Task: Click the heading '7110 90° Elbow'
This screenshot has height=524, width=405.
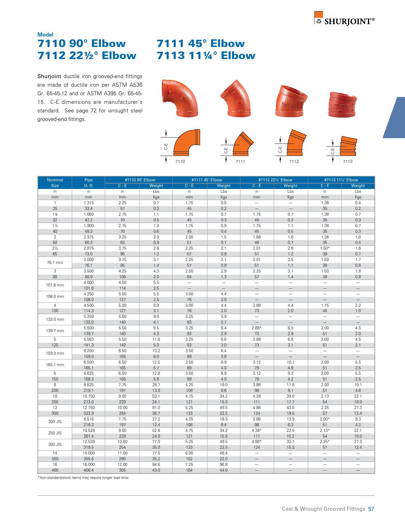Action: coord(82,44)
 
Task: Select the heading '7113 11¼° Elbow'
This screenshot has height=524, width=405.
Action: coord(206,56)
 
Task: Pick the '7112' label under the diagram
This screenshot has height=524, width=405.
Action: coord(294,162)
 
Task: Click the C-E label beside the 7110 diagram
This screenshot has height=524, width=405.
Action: coord(166,146)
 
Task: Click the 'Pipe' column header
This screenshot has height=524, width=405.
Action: coord(89,180)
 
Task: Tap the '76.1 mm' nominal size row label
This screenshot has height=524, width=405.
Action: coord(55,263)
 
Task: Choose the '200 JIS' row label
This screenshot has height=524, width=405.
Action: coord(55,422)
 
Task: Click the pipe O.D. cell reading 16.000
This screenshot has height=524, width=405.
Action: coord(89,464)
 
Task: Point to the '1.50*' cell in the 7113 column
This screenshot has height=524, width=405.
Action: coord(325,248)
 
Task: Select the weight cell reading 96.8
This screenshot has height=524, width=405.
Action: coord(223,464)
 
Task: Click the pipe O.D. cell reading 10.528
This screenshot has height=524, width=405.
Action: coord(89,430)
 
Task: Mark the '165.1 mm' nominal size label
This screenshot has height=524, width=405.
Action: coord(55,365)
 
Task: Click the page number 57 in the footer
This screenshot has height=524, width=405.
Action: coord(371,509)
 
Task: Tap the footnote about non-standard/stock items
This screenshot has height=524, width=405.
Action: coord(84,478)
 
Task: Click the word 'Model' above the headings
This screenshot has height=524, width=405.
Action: coord(45,35)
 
